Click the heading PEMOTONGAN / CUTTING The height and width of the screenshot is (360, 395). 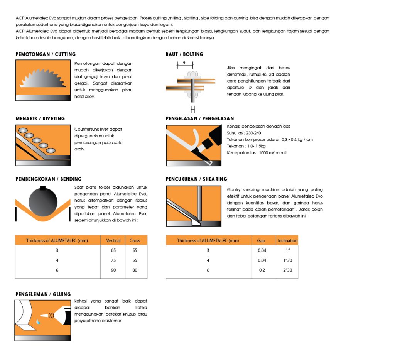[x=46, y=54]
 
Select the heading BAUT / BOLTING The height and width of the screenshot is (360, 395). [x=184, y=54]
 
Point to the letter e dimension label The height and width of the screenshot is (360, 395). [x=184, y=62]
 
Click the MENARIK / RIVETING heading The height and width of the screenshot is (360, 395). [x=40, y=118]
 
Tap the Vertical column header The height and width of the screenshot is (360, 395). [x=113, y=240]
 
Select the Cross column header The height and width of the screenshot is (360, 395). [x=135, y=240]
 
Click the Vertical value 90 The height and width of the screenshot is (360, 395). [x=113, y=270]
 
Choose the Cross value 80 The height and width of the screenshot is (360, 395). [x=135, y=270]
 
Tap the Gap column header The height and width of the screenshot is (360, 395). [x=261, y=240]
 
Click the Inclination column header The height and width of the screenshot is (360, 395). [x=287, y=240]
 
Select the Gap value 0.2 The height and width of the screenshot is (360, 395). [x=262, y=270]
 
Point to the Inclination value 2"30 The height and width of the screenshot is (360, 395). [x=287, y=270]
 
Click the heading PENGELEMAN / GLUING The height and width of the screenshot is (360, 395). [x=43, y=294]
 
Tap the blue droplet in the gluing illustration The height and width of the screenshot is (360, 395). [x=38, y=321]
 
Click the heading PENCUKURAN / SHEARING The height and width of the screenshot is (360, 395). [x=196, y=179]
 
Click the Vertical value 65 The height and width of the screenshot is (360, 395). [x=113, y=250]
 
